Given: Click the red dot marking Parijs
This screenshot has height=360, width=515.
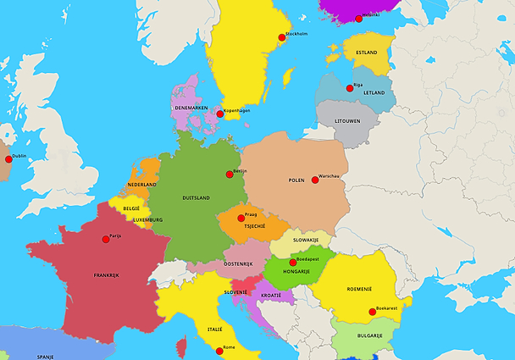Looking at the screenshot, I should [105, 240].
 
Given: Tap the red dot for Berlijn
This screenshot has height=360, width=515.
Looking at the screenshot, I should [229, 174].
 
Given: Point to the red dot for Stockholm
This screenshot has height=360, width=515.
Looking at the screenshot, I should [282, 37].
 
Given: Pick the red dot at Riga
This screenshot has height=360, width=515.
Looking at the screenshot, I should [350, 88].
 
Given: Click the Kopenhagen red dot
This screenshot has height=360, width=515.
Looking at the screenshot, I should [220, 114].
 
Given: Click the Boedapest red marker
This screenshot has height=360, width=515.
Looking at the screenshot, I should [292, 262].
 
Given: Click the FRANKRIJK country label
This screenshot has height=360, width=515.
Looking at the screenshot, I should [108, 275].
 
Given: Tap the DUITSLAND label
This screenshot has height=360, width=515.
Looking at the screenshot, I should [196, 198].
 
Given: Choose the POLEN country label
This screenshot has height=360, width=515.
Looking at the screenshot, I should [296, 180].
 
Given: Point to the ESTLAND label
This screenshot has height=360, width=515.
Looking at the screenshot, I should [366, 53].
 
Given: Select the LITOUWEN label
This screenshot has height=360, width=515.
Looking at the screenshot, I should [347, 121].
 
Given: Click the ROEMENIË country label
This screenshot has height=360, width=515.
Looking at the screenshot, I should [359, 289].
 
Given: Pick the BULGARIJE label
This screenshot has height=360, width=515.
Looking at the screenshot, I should [369, 335].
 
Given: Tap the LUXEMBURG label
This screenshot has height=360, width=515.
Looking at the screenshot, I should [147, 220].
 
